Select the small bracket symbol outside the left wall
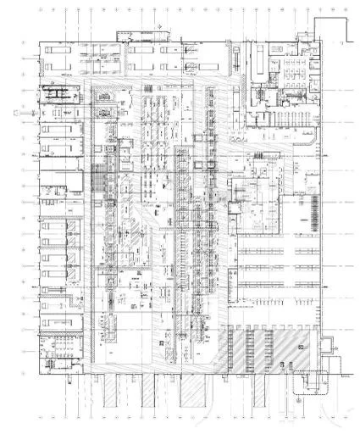15,108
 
